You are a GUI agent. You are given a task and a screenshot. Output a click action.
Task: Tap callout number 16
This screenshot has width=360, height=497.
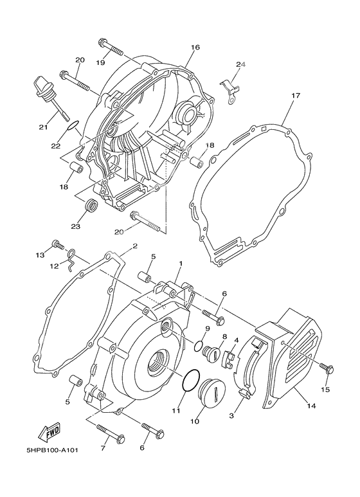(x=195, y=48)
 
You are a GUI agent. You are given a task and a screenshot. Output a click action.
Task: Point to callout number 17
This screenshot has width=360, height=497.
(x=295, y=96)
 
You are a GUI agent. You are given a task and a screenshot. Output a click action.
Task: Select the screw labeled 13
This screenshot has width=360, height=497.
(x=58, y=244)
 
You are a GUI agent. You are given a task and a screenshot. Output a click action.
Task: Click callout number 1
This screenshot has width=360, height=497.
(x=181, y=264)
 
